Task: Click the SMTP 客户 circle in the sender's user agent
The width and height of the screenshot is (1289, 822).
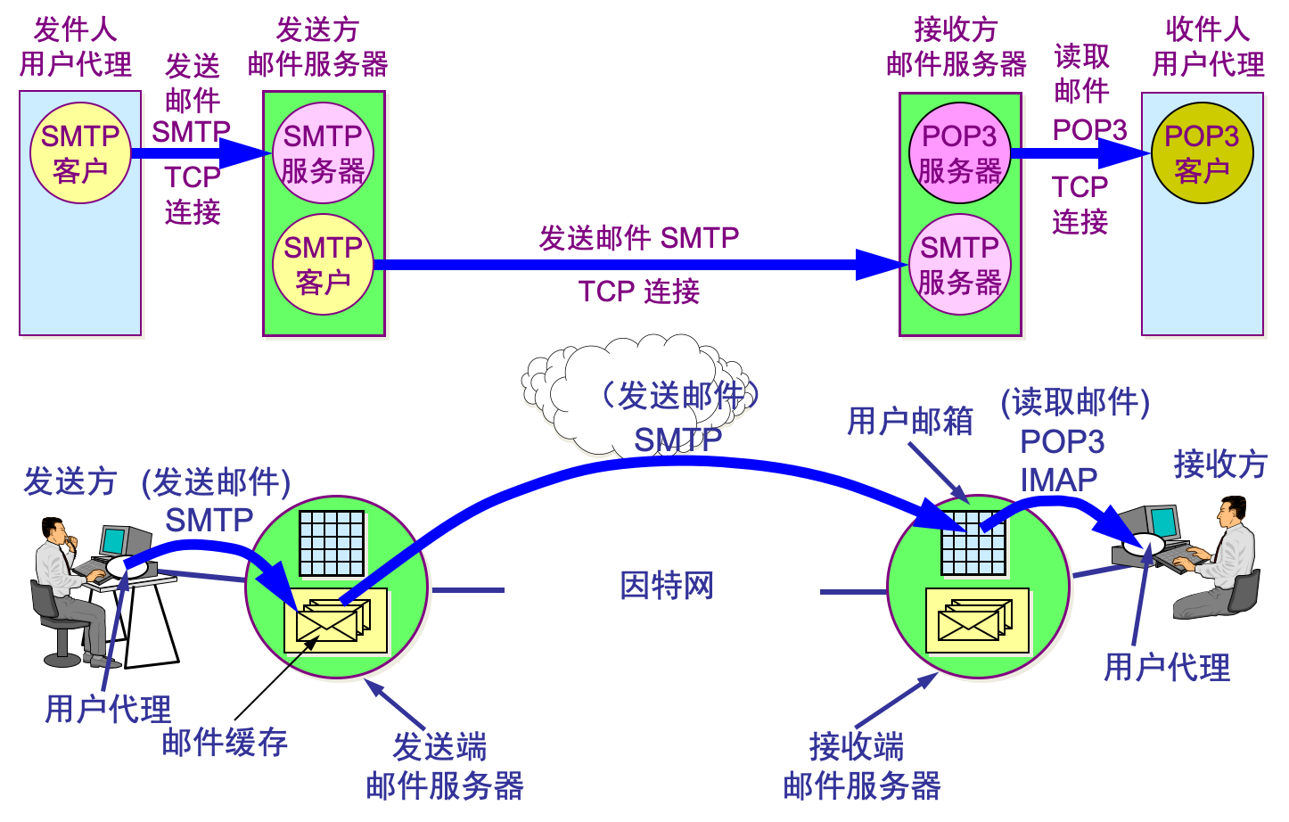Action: tap(80, 152)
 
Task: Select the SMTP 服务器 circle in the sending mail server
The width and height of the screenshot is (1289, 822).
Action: tap(323, 152)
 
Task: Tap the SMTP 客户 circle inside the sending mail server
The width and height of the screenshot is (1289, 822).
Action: tap(323, 264)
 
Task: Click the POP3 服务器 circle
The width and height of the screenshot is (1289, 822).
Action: tap(959, 152)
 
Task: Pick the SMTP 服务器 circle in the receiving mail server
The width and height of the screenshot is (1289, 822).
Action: tap(959, 264)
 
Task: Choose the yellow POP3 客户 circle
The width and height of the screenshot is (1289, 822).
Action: tap(1202, 152)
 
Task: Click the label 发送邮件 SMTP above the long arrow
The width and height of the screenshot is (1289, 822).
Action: tap(638, 238)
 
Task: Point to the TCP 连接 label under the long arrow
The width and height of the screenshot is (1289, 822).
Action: tap(638, 292)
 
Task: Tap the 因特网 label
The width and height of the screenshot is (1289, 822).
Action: tap(667, 586)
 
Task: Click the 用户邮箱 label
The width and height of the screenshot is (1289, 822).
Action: tap(909, 421)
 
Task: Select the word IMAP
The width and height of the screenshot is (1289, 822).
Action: tap(1058, 480)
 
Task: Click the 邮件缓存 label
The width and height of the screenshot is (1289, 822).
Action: tap(225, 742)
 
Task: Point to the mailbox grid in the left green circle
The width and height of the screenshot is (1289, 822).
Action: tap(332, 543)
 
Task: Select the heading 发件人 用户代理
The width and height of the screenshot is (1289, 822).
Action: tap(76, 47)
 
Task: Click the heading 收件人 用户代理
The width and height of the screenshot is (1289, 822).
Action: tap(1208, 47)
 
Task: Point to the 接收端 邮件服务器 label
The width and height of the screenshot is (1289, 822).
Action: tap(861, 766)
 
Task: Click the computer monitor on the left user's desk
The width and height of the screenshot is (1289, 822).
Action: tap(114, 540)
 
